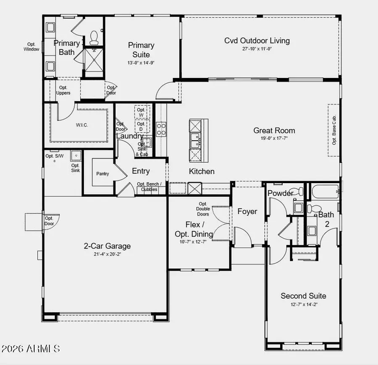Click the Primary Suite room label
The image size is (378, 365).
(x=141, y=50)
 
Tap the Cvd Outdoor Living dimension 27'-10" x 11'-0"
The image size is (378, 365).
(x=257, y=49)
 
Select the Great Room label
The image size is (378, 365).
(x=274, y=131)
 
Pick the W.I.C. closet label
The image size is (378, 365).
(x=82, y=125)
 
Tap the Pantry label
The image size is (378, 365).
(x=102, y=173)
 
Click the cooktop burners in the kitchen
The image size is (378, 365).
(x=161, y=129)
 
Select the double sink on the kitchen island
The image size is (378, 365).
(x=195, y=140)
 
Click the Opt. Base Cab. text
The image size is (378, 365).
(x=334, y=131)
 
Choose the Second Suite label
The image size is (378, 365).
(x=303, y=296)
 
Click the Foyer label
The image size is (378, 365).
(x=247, y=211)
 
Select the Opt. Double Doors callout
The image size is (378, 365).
(x=203, y=209)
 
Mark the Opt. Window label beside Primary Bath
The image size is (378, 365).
(x=31, y=47)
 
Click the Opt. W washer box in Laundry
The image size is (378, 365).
(x=141, y=112)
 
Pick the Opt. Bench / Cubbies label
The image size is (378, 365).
(x=149, y=187)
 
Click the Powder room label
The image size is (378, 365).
(x=280, y=193)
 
